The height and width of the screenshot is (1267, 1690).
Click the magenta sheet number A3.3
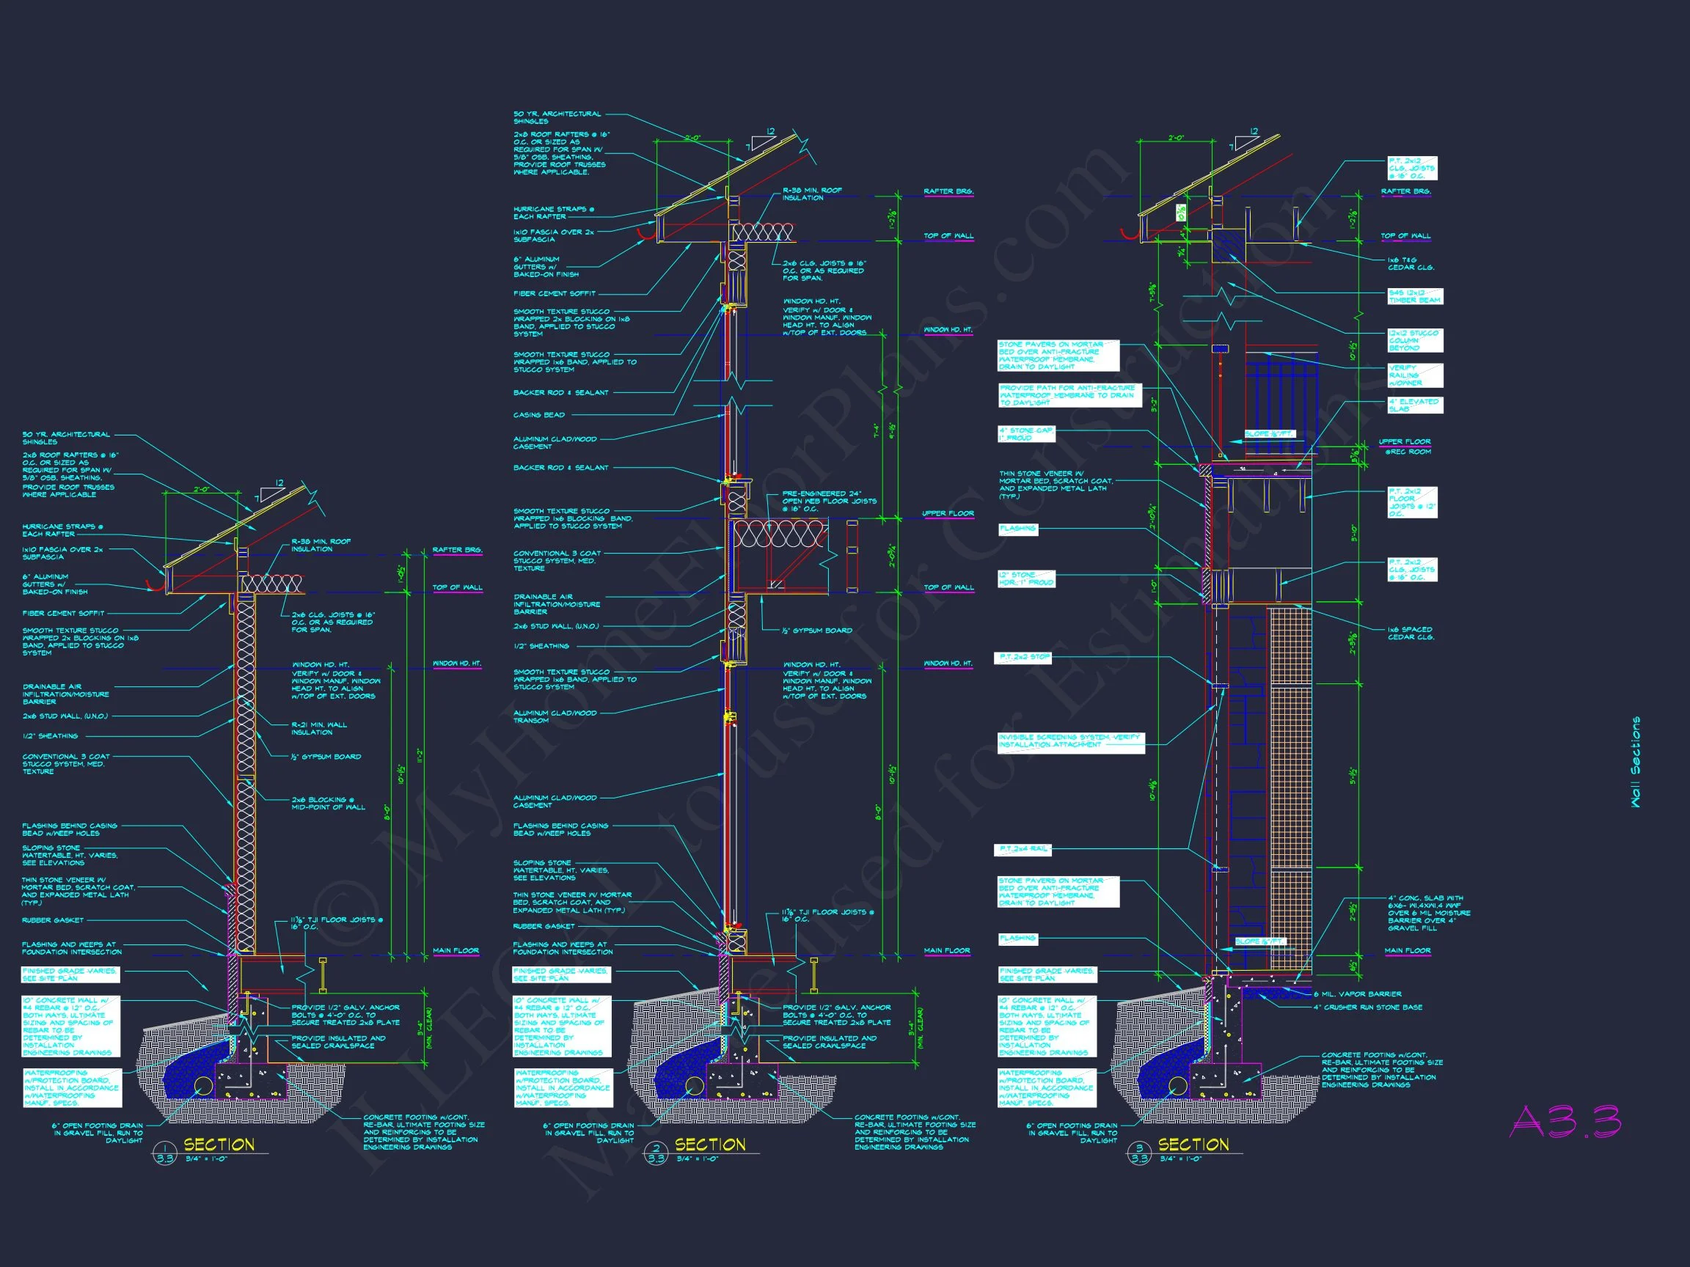pyautogui.click(x=1565, y=1122)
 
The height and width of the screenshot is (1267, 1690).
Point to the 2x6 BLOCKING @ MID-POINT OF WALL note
pyautogui.click(x=328, y=803)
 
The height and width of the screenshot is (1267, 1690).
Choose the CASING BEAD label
pyautogui.click(x=538, y=415)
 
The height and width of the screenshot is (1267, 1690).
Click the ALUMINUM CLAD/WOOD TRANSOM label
pyautogui.click(x=555, y=716)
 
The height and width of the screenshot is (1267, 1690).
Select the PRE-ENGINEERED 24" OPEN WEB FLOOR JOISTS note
pyautogui.click(x=829, y=501)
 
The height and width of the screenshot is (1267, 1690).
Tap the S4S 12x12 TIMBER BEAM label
pyautogui.click(x=1414, y=296)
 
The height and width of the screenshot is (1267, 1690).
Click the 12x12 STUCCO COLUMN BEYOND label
pyautogui.click(x=1414, y=341)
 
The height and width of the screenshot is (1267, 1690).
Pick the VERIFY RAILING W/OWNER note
pyautogui.click(x=1414, y=375)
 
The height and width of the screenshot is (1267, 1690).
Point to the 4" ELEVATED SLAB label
pyautogui.click(x=1414, y=405)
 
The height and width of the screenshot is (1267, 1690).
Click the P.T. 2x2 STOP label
pyautogui.click(x=1023, y=657)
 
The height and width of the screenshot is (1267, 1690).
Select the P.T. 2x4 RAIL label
pyautogui.click(x=1023, y=849)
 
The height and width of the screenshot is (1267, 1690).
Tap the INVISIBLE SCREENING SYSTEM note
pyautogui.click(x=1070, y=741)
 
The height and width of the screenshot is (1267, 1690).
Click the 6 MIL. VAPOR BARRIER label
pyautogui.click(x=1357, y=994)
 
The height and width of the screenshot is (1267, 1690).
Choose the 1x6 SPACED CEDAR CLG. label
pyautogui.click(x=1411, y=633)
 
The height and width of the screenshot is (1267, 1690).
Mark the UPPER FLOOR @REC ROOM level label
pyautogui.click(x=1404, y=446)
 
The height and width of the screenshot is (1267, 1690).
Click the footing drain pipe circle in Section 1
pyautogui.click(x=204, y=1086)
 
